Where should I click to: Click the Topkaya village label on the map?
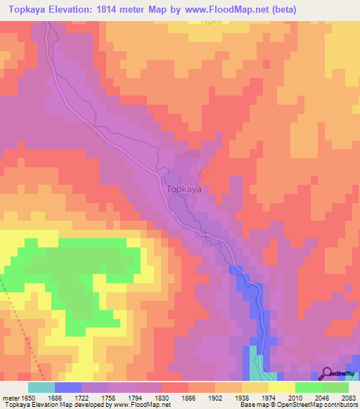click(x=185, y=189)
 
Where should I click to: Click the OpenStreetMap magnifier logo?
click(x=328, y=374)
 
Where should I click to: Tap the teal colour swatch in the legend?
click(x=41, y=387)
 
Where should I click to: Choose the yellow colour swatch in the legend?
click(x=281, y=387)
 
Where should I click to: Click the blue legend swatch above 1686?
click(x=68, y=387)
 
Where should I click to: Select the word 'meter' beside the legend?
click(x=11, y=398)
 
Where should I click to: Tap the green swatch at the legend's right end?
click(x=335, y=387)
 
